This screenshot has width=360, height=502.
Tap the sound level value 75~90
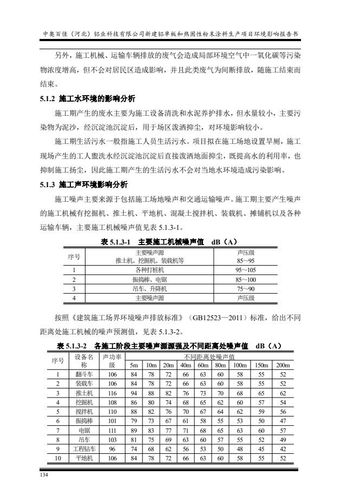pyautogui.click(x=242, y=289)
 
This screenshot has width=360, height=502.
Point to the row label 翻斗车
pyautogui.click(x=84, y=374)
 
